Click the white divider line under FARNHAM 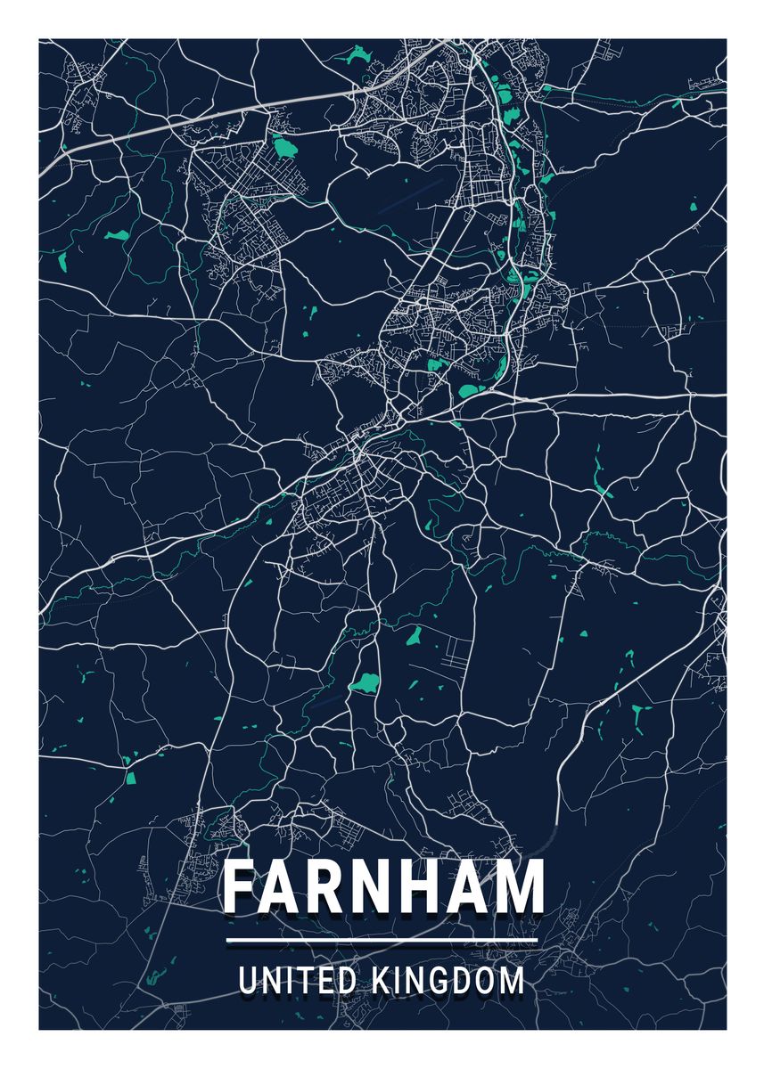(382, 941)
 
